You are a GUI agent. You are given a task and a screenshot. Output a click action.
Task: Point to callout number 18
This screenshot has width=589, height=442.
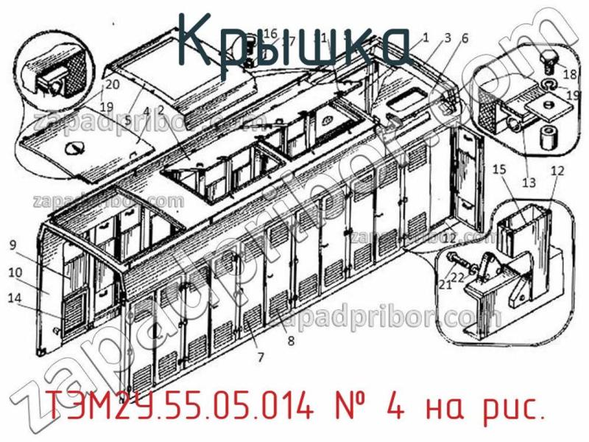570,74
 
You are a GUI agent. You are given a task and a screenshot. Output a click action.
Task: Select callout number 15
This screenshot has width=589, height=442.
498,170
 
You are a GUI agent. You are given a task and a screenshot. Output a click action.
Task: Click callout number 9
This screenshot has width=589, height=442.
13,245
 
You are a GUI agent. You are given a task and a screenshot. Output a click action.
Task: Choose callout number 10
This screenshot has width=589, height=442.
15,273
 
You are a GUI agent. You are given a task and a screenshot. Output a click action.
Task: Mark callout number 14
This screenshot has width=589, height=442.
15,298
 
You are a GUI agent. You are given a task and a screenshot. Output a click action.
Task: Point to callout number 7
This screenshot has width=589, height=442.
259,358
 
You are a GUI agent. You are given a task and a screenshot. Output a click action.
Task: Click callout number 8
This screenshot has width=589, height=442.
290,340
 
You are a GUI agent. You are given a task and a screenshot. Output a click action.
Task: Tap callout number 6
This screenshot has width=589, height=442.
465,38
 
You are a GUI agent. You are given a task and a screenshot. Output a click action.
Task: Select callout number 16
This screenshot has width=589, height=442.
269,33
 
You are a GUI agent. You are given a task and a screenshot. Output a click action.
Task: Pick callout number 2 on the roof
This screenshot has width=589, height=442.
161,110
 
